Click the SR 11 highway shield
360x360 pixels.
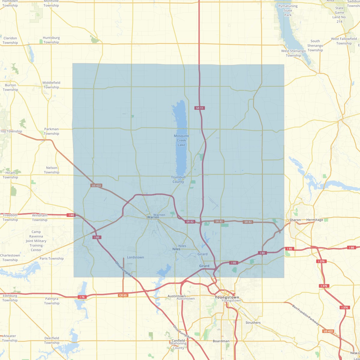click(199, 108)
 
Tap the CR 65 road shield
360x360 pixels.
click(123, 295)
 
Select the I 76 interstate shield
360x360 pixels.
click(82, 297)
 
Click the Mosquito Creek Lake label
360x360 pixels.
click(181, 140)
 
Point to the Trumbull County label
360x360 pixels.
click(178, 179)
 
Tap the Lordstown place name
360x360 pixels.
click(136, 257)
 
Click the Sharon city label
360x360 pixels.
click(295, 220)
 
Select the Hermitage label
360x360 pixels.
click(315, 220)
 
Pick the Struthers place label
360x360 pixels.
click(253, 323)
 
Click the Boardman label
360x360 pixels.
click(221, 341)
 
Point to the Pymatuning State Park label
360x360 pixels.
click(288, 10)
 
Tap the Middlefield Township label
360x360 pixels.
click(51, 85)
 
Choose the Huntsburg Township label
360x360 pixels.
click(51, 40)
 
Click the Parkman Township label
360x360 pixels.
click(52, 131)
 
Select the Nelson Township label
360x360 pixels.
click(52, 170)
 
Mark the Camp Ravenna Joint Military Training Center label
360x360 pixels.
click(36, 241)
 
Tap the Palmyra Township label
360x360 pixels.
click(52, 301)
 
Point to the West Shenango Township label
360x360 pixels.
click(293, 53)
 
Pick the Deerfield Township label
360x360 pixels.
click(52, 340)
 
